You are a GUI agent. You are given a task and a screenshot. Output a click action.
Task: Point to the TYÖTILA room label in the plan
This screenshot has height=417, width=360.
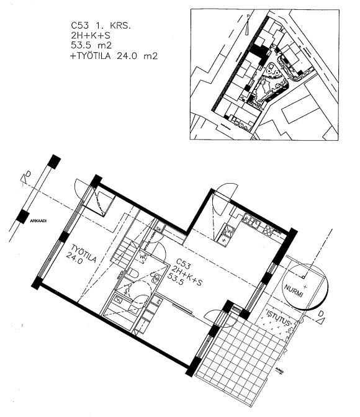point(79,255)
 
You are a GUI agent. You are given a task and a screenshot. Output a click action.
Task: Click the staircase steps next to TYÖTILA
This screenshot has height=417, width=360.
point(131,252)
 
